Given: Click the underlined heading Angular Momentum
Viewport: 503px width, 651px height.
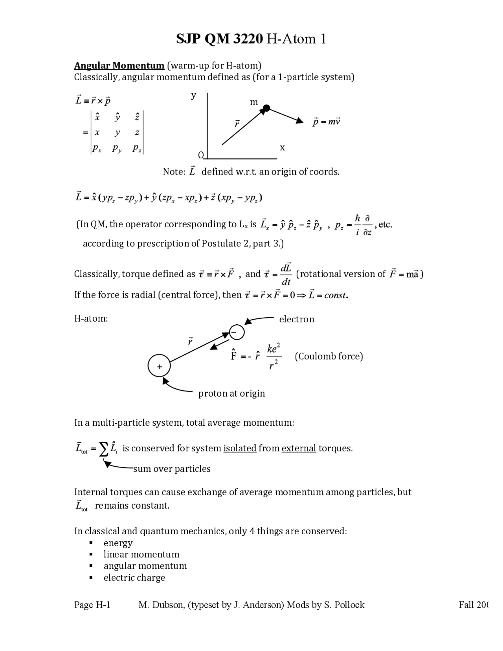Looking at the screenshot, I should pos(119,65).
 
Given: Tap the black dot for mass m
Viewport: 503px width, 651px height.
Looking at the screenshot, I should pos(266,108).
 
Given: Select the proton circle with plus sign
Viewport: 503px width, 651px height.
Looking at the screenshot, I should pos(159,366).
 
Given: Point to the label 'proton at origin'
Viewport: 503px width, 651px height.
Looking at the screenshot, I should pos(231,394).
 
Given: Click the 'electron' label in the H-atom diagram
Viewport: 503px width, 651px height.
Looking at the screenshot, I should pos(296,319).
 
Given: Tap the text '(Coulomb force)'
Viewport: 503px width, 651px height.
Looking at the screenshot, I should pos(329,356).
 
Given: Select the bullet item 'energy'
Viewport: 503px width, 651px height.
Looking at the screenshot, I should pos(118,543).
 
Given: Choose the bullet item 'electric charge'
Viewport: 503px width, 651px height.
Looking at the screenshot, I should pos(134,577).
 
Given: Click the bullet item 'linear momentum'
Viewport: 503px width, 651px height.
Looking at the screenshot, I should pos(141,554).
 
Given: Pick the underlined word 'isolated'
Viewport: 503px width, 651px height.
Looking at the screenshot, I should pos(240,448).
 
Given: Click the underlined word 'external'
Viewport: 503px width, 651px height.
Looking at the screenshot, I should pos(299,448).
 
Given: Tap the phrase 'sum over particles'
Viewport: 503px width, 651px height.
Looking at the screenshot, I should pos(172,469).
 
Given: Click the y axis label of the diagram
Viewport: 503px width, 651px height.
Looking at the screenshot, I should pos(193,95).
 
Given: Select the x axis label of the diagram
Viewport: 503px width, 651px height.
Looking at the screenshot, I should pos(282,148).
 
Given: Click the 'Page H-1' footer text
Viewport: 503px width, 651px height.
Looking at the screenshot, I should pos(92,605).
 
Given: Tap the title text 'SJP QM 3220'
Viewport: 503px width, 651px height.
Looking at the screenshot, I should pos(219,39).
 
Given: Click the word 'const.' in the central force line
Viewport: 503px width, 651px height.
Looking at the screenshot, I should pos(336,295).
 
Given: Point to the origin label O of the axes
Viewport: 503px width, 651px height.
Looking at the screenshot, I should pos(201,155).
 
